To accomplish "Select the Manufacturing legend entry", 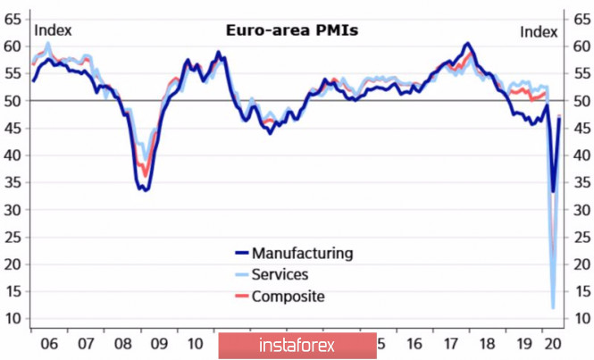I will click(302, 253).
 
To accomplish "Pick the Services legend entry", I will click(280, 274).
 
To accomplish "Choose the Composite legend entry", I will click(288, 297).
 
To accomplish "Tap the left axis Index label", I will click(53, 30).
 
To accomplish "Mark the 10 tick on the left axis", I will click(13, 319).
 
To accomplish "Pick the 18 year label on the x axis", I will click(488, 344).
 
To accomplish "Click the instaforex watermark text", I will click(297, 344).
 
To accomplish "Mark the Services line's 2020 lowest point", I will click(552, 308).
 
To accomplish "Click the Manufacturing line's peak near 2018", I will click(468, 43).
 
